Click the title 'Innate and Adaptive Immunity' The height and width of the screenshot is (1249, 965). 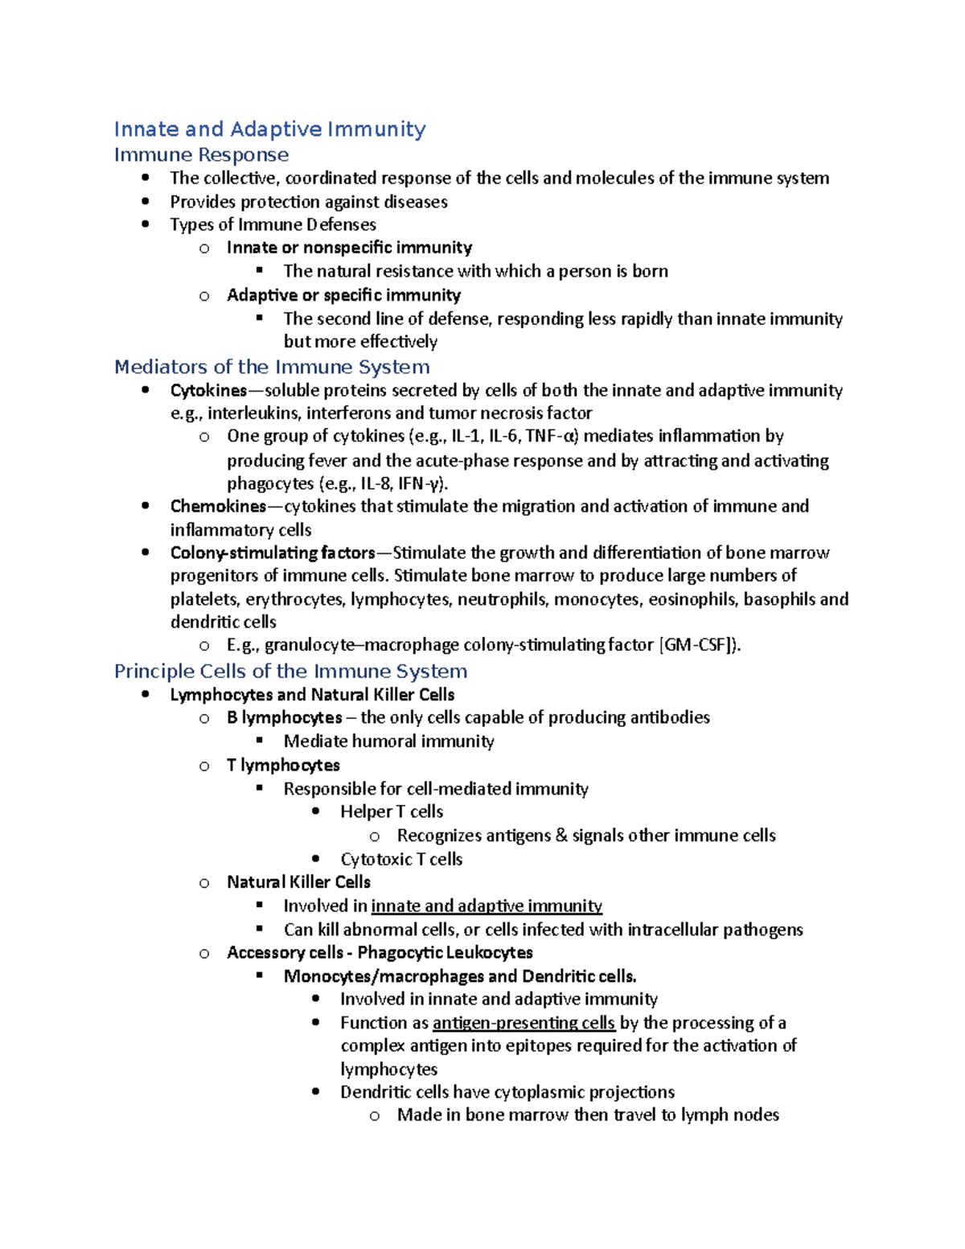tap(269, 129)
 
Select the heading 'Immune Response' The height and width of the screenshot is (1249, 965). tap(201, 154)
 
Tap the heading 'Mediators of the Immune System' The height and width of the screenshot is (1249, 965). tap(272, 367)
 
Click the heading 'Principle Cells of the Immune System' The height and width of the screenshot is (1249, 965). tap(290, 671)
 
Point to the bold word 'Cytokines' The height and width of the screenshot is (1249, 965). tap(208, 391)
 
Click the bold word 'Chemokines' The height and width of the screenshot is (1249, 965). tap(218, 507)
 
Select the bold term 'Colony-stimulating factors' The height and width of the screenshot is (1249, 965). tap(273, 553)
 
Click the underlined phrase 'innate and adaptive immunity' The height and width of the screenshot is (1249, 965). tap(487, 906)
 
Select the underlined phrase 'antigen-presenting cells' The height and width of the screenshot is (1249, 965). tap(524, 1022)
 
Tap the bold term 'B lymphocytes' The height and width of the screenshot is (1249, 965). tap(285, 717)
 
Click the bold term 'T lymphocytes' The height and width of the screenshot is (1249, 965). tap(283, 765)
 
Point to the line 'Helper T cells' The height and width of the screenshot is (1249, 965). tap(392, 811)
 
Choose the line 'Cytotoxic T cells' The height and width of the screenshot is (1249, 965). tap(401, 859)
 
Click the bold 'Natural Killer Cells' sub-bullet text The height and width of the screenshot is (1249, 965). tap(298, 882)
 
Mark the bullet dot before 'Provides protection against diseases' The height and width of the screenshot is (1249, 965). tap(146, 201)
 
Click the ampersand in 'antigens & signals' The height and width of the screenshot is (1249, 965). tap(561, 836)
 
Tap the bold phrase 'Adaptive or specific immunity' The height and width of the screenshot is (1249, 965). tap(343, 295)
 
